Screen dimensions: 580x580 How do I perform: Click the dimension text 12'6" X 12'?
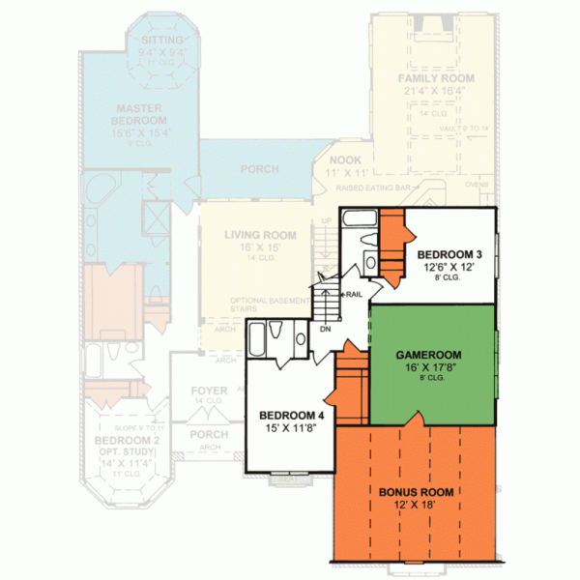(x=448, y=268)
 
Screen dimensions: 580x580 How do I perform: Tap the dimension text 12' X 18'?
(x=416, y=506)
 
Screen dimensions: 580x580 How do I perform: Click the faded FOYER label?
(x=209, y=391)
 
